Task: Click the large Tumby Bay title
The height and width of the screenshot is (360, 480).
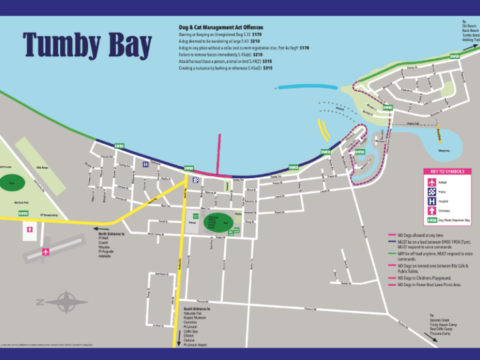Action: click(87, 45)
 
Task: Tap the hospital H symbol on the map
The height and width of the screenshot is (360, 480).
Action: click(146, 164)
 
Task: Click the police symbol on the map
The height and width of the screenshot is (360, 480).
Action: click(196, 180)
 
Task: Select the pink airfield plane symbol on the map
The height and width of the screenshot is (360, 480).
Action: click(45, 252)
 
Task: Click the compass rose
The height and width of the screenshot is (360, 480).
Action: click(62, 302)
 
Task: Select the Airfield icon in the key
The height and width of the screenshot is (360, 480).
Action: click(431, 182)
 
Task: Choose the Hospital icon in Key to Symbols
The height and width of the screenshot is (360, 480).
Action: click(431, 201)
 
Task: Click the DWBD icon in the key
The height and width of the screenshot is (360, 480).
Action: click(431, 220)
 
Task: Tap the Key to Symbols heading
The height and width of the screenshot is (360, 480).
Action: click(446, 171)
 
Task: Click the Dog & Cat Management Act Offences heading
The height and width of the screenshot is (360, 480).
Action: click(221, 27)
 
